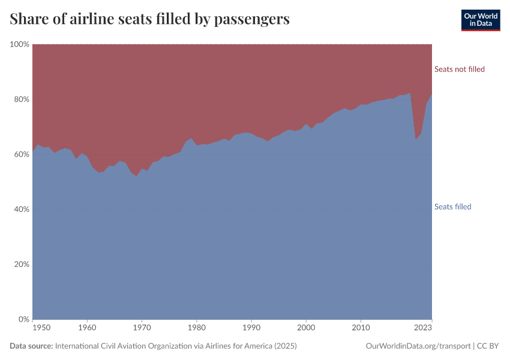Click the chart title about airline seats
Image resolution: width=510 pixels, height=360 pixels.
[x=150, y=19]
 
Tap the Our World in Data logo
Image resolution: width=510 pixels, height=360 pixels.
[x=480, y=20]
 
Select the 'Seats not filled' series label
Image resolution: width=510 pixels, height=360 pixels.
[x=459, y=69]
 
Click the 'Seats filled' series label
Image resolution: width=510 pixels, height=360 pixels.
[x=452, y=207]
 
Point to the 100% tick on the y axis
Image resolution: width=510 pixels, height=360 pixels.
[x=20, y=44]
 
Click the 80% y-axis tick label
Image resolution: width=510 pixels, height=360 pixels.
[x=22, y=100]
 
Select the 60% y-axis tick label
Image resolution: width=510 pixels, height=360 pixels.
[x=22, y=154]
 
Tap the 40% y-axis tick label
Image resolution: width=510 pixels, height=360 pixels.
[x=22, y=209]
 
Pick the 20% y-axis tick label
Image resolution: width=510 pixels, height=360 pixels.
[x=22, y=265]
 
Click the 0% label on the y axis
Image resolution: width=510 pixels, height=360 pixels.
[x=24, y=319]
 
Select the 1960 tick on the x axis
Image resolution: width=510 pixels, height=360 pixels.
[x=88, y=328]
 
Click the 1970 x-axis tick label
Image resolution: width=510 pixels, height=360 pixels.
[x=142, y=328]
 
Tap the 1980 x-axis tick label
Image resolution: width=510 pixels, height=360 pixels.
[x=197, y=328]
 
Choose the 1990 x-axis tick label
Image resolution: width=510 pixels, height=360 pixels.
[x=251, y=328]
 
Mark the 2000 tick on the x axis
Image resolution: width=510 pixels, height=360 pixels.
[x=306, y=328]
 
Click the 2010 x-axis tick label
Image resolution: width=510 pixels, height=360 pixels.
[x=361, y=328]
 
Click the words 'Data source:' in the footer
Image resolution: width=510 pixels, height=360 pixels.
[x=31, y=346]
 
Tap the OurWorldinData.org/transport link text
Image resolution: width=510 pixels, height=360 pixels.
[x=418, y=346]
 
